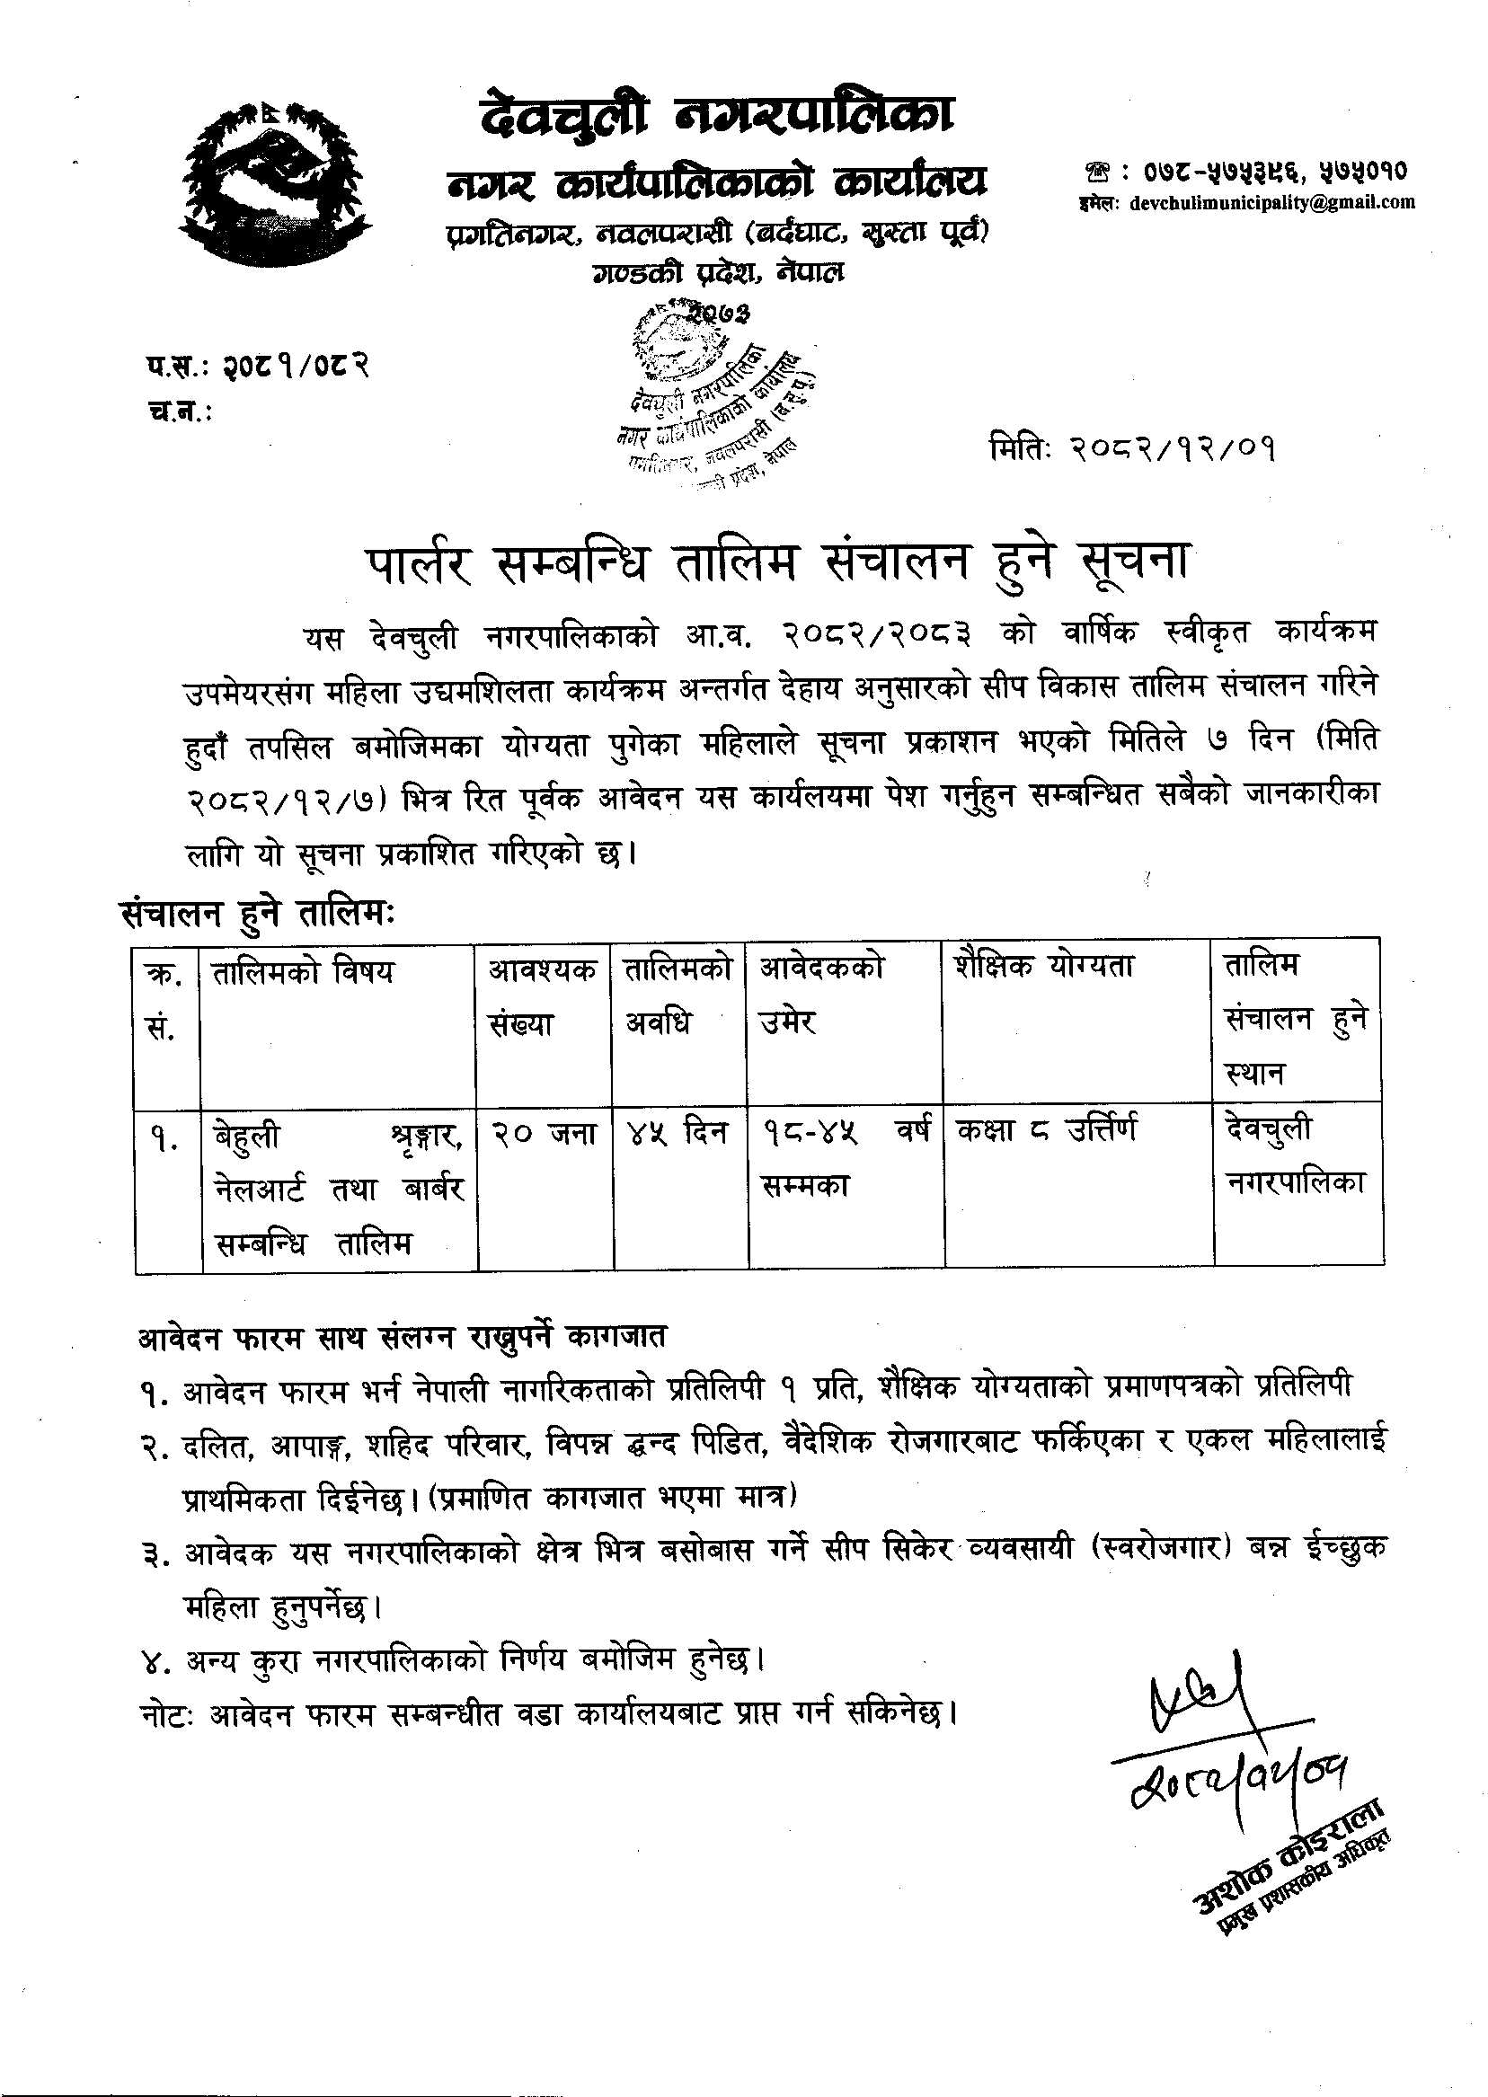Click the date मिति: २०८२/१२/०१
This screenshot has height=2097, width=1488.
[1132, 450]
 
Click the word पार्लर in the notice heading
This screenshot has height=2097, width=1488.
[418, 562]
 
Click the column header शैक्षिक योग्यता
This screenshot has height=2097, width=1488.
[1043, 967]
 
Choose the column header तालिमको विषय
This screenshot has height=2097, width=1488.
[303, 970]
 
